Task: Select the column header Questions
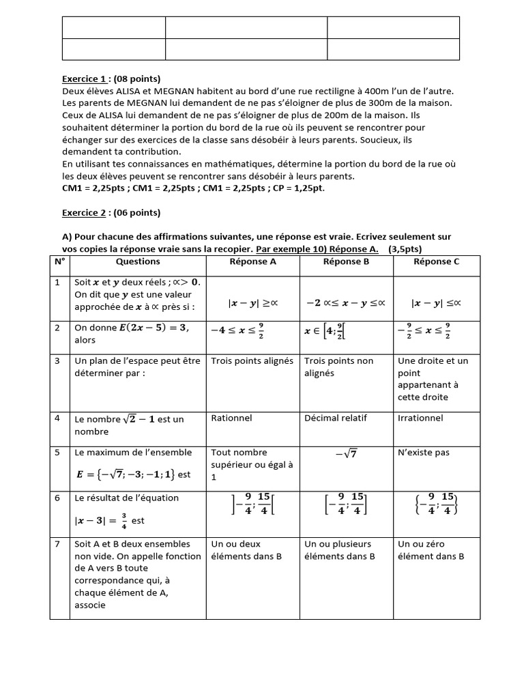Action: pos(138,261)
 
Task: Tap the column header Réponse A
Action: pos(253,261)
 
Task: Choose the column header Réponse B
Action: pos(346,261)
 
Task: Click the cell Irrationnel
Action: pos(420,418)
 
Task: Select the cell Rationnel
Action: pos(232,418)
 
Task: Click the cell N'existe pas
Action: pos(424,452)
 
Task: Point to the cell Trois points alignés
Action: pos(252,361)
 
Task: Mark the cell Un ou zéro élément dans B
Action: pos(431,550)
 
